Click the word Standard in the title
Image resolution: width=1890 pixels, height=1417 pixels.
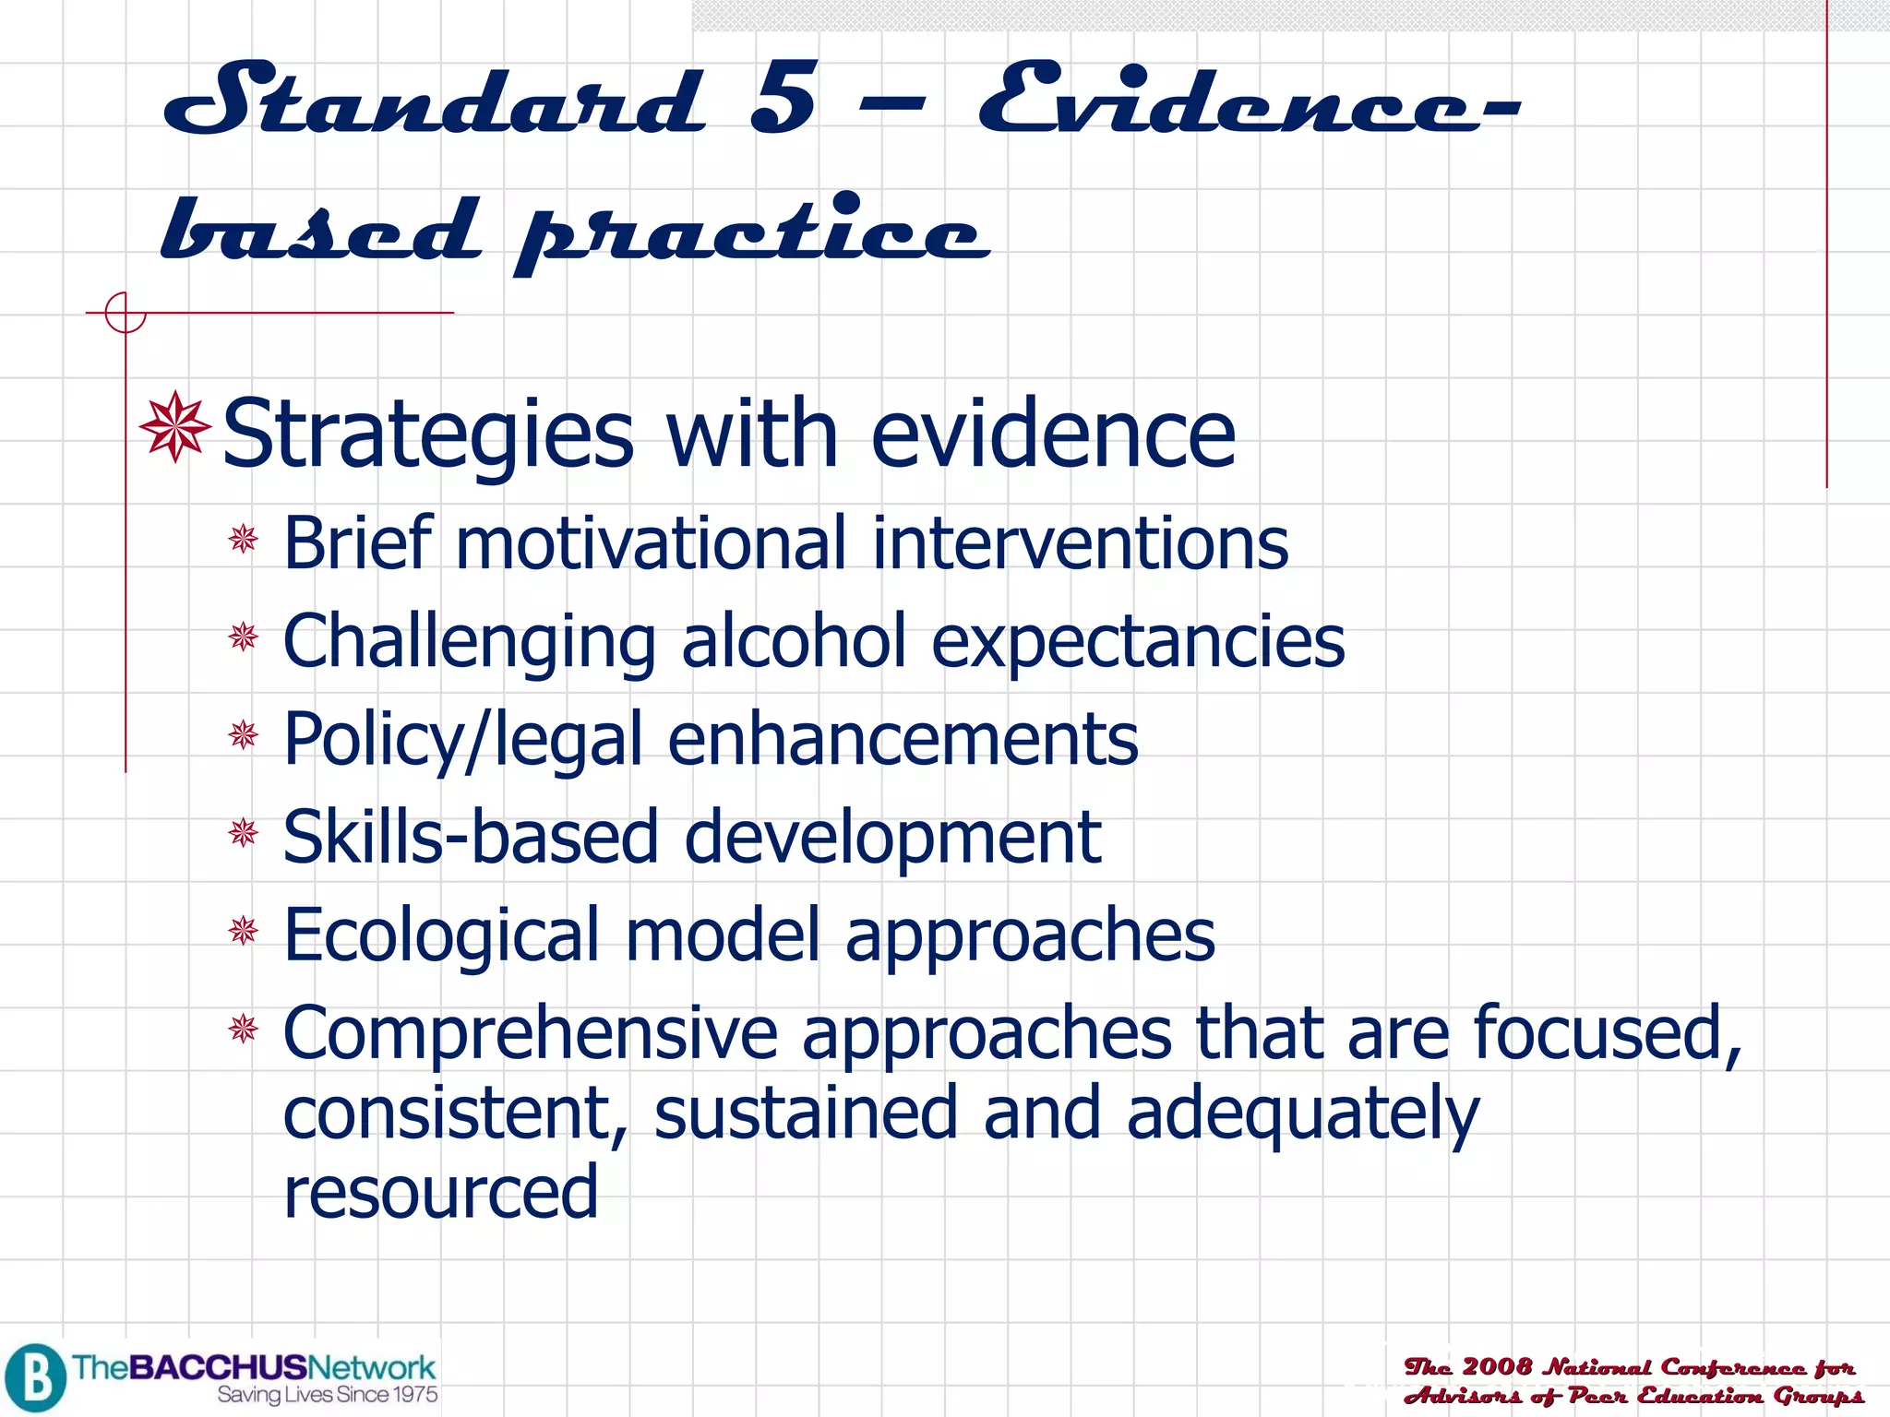pos(434,100)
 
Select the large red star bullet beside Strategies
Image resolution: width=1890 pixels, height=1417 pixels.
pos(174,427)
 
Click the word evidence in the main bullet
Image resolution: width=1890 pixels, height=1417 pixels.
pos(1052,434)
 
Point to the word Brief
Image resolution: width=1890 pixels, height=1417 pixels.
pos(358,543)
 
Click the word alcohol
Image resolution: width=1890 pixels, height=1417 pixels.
pos(794,641)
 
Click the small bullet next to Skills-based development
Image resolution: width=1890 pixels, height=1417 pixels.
pos(244,833)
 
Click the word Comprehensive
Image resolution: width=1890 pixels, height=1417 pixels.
pos(531,1034)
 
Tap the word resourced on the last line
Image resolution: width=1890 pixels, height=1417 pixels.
pos(441,1193)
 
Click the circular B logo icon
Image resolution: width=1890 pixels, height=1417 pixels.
pos(35,1377)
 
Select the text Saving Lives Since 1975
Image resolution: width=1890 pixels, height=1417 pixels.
pos(328,1395)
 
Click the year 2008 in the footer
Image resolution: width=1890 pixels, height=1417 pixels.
pos(1497,1366)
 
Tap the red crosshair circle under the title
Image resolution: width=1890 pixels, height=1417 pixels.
pos(126,313)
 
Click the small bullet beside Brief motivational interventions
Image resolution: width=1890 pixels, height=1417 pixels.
pos(244,539)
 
